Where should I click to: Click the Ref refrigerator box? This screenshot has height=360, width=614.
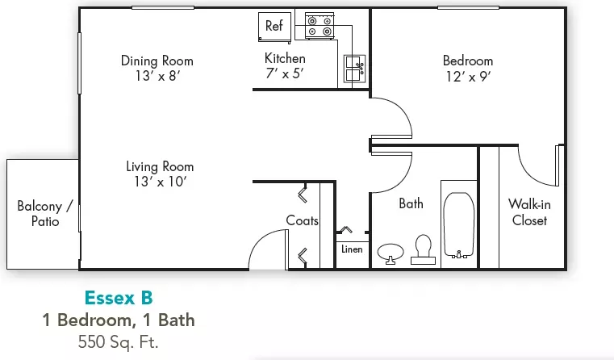pos(274,27)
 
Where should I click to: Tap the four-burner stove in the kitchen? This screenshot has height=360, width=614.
pos(320,26)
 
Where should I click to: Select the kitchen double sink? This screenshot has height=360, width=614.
pos(354,69)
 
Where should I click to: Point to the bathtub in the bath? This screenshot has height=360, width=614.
pos(458,225)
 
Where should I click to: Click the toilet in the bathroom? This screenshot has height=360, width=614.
pos(423,249)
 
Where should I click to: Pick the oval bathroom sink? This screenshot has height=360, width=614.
pos(391,253)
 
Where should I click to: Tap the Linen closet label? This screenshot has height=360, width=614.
pos(352,249)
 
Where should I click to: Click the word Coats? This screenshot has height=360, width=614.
pos(302,220)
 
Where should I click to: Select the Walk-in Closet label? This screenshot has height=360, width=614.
pos(529,212)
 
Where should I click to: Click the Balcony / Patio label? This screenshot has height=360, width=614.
pos(45,213)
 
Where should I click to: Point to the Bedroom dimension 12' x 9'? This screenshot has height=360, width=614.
pos(468,77)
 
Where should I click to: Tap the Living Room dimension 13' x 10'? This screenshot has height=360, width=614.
pos(160,182)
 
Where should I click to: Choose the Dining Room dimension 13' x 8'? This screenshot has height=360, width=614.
pos(157,76)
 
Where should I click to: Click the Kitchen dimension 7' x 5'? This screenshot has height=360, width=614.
pos(285,73)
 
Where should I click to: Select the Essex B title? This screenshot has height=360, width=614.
pos(119,298)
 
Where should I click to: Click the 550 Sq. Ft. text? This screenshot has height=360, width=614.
pos(119,342)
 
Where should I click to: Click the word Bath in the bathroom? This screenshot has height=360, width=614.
pos(411,203)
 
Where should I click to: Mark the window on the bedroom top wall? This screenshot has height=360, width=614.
pos(468,7)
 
